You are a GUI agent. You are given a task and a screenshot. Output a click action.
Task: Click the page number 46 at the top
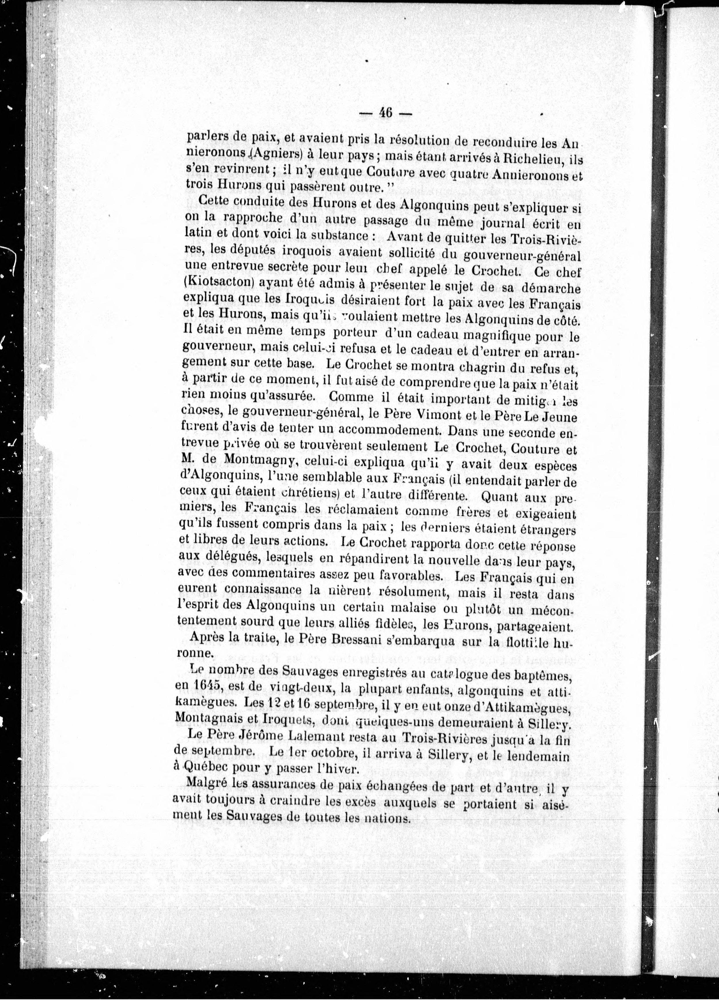tap(385, 113)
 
